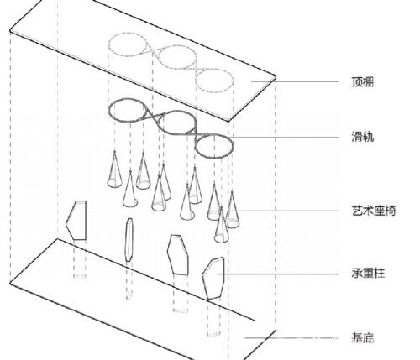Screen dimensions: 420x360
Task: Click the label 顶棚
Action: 362,81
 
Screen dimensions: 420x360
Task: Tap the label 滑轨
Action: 362,137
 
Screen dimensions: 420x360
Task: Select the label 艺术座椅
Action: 374,211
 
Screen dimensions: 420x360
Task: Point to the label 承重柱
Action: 368,273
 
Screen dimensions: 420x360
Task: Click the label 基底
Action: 362,337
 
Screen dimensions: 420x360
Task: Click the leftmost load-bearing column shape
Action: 76,220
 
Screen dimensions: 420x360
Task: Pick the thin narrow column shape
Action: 129,240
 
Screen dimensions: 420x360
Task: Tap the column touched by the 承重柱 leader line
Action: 213,279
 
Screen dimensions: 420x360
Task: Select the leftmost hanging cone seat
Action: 114,170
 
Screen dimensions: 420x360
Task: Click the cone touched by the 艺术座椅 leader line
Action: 233,211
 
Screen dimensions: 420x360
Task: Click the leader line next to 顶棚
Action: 295,81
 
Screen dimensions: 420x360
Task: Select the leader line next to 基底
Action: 291,338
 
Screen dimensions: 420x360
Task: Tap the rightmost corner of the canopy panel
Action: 276,76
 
